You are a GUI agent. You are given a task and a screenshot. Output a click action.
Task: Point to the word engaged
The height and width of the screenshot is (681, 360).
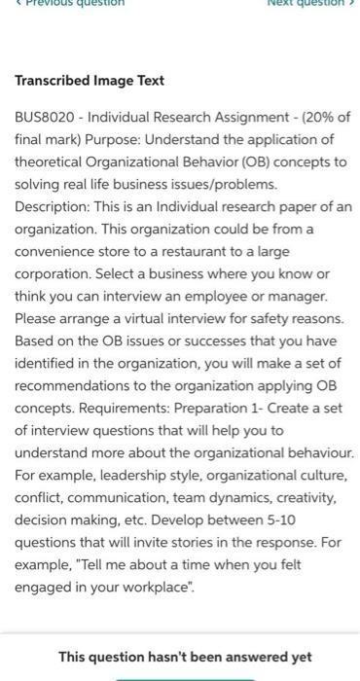tap(45, 588)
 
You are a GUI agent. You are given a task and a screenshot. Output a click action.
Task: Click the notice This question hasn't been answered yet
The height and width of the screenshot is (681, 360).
tap(184, 657)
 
